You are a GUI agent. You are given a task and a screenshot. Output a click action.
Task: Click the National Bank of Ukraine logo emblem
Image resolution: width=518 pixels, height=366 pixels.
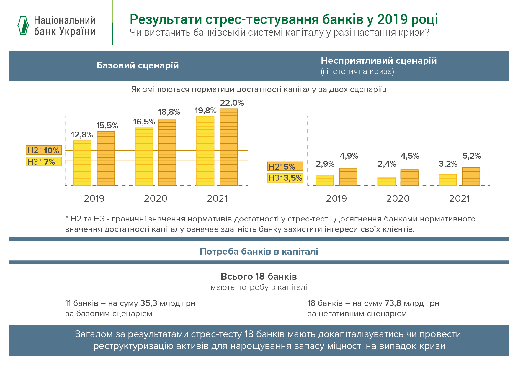click(x=23, y=26)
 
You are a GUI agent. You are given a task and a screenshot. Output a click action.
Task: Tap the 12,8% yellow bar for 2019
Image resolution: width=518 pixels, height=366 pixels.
click(x=82, y=163)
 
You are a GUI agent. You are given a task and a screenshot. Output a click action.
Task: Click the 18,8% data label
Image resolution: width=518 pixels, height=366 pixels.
click(x=169, y=112)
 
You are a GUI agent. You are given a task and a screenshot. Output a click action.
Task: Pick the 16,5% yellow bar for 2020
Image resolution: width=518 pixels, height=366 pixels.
click(x=144, y=156)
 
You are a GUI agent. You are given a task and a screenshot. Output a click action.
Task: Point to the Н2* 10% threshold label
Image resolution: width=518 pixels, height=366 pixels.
click(x=43, y=150)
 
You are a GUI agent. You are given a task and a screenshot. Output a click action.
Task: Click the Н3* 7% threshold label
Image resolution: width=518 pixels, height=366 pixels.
click(x=43, y=162)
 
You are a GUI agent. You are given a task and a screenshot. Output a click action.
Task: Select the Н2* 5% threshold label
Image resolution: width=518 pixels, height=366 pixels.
click(x=285, y=167)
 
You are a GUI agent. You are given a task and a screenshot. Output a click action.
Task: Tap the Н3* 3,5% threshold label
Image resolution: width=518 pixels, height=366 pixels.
click(x=285, y=178)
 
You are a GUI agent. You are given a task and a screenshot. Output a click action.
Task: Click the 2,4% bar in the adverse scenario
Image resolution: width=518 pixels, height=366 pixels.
click(x=386, y=181)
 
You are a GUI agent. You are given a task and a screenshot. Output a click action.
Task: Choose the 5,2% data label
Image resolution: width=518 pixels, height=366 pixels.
click(x=471, y=156)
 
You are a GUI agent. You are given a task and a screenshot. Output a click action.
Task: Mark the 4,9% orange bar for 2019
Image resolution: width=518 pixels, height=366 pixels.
click(x=348, y=177)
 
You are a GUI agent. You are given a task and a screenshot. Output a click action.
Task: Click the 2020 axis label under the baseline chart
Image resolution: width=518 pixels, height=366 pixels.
click(x=156, y=198)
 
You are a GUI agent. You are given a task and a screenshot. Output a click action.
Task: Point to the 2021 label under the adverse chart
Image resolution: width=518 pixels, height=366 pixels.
click(x=459, y=198)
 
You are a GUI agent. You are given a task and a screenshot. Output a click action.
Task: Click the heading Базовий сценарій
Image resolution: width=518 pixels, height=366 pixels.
click(x=138, y=65)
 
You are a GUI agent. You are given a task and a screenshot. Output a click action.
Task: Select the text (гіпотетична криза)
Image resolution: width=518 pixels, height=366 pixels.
click(x=357, y=72)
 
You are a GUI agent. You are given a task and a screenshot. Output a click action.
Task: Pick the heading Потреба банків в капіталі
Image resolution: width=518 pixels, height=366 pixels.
click(x=259, y=251)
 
